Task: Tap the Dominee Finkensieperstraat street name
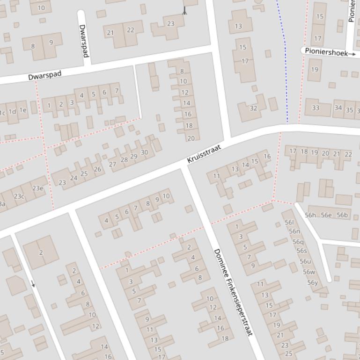pos(233,292)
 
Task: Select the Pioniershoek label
pos(326,52)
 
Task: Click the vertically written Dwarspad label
pos(84,41)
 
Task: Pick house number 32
pos(253,108)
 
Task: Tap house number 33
pos(316,108)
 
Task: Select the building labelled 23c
pos(19,196)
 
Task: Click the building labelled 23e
pos(37,188)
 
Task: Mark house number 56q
pos(298,242)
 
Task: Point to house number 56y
pos(312,282)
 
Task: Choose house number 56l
pos(289,223)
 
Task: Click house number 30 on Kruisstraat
pos(144,152)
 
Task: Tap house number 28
pos(124,160)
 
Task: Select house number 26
pos(97,169)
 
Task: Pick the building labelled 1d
pos(12,111)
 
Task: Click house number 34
pos(338,108)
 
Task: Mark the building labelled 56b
pos(342,215)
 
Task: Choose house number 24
pos(73,178)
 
